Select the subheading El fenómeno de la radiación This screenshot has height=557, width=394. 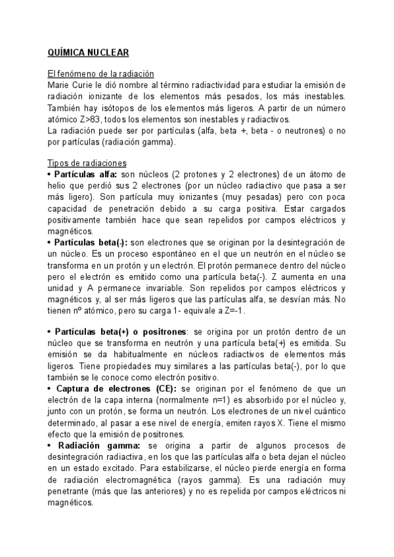click(101, 74)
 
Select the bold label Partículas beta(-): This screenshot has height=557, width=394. click(89, 242)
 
